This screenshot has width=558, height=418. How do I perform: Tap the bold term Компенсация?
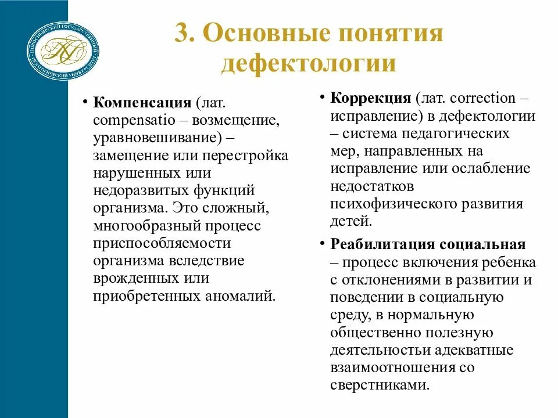(x=142, y=103)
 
